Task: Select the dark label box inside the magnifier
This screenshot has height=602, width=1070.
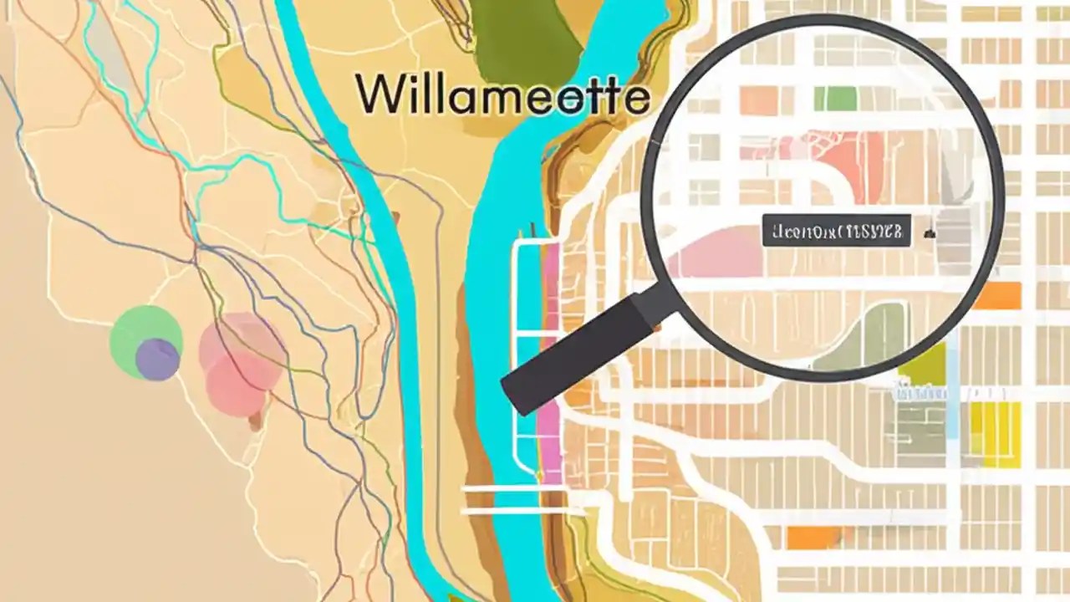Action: pos(836,230)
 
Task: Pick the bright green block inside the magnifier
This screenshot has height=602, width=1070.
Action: pos(834,99)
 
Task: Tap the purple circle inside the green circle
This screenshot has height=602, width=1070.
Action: pos(157,359)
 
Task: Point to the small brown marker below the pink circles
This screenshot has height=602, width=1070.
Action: pos(255,423)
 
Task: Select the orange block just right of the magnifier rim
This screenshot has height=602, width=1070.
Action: pos(998,295)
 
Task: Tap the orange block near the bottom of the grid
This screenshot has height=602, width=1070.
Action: pos(812,538)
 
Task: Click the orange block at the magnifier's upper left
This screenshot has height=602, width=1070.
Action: pos(758,100)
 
